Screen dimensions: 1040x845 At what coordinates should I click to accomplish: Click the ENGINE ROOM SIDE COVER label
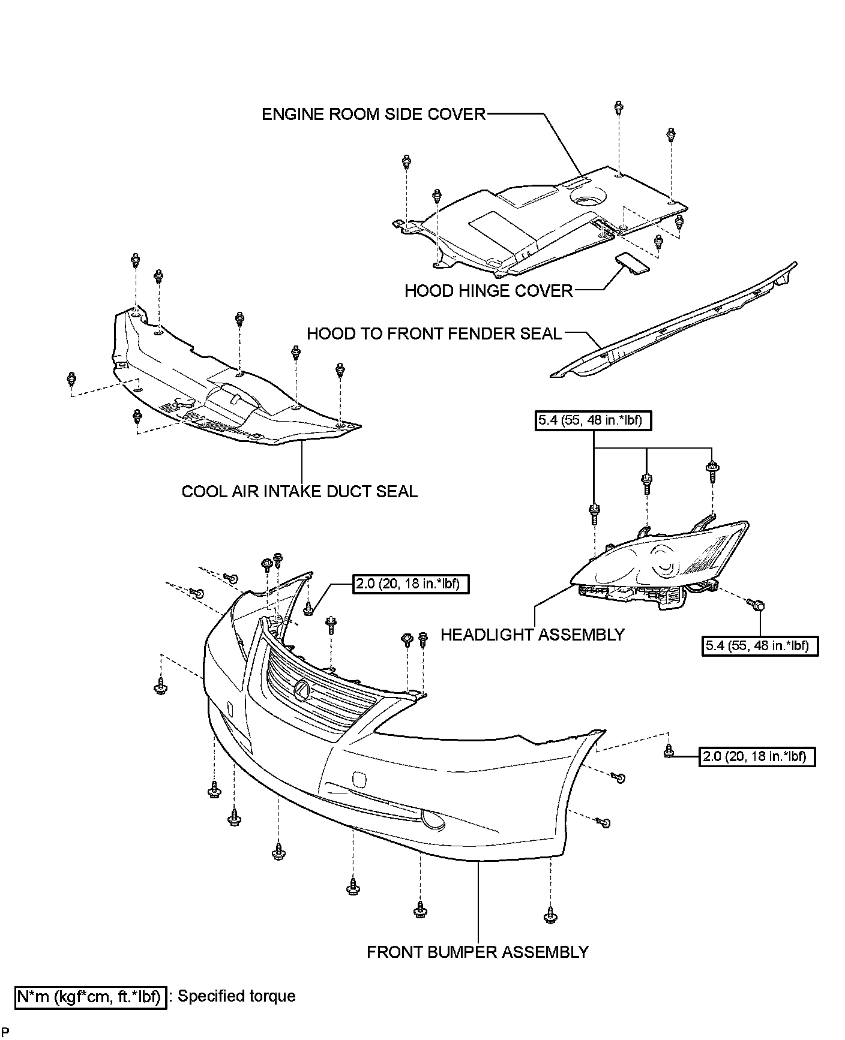(x=373, y=114)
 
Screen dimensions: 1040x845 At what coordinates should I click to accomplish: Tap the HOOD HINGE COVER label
(x=489, y=291)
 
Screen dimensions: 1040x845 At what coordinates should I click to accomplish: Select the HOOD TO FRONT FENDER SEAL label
(x=434, y=333)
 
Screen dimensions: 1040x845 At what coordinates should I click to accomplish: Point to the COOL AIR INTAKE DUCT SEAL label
(x=299, y=492)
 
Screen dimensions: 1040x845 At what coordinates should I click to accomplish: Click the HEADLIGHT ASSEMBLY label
(x=532, y=635)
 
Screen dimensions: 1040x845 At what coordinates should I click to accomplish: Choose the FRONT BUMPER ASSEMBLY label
(x=478, y=952)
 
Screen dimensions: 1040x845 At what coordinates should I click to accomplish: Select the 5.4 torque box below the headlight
(x=760, y=646)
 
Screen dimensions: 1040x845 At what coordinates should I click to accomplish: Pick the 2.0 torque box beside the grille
(x=410, y=584)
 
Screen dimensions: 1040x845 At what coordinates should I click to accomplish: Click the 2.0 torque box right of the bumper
(x=757, y=756)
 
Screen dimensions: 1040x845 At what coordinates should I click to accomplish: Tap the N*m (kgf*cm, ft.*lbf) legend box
(x=90, y=997)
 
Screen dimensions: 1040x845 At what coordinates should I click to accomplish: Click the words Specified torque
(x=236, y=996)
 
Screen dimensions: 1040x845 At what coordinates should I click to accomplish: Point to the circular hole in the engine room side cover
(x=588, y=199)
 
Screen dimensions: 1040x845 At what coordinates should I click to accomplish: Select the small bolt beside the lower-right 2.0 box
(x=668, y=751)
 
